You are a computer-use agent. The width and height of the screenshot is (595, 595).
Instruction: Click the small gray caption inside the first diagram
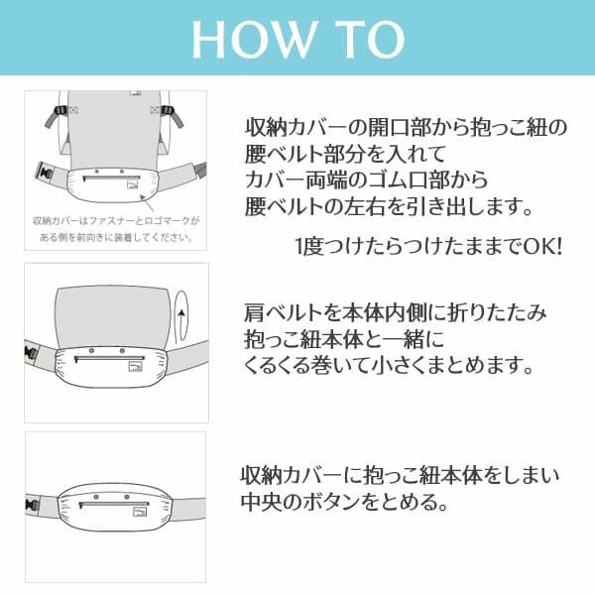(x=114, y=229)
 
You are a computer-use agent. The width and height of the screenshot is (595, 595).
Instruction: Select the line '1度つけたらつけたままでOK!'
(x=427, y=244)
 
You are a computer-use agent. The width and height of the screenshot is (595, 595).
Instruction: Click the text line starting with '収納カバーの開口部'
(x=406, y=129)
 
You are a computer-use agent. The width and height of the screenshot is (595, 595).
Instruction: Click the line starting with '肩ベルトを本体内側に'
(x=394, y=313)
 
